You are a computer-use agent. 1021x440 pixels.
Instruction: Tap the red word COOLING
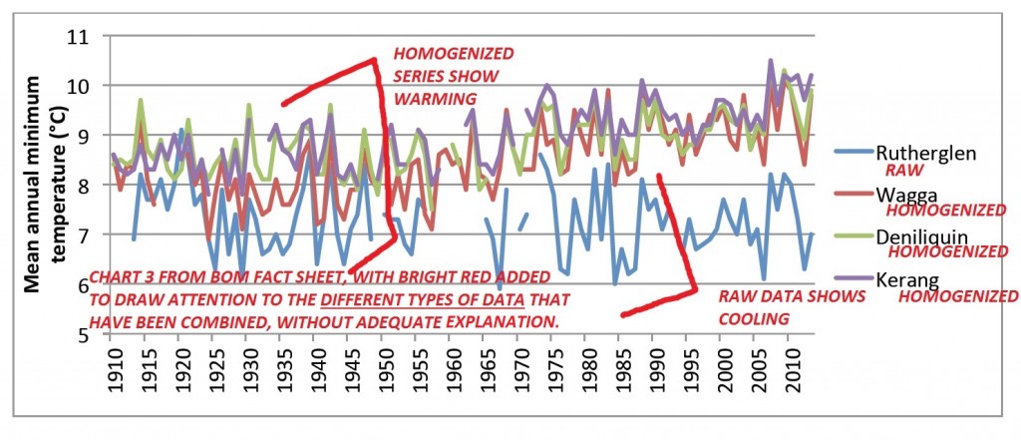pyautogui.click(x=753, y=318)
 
